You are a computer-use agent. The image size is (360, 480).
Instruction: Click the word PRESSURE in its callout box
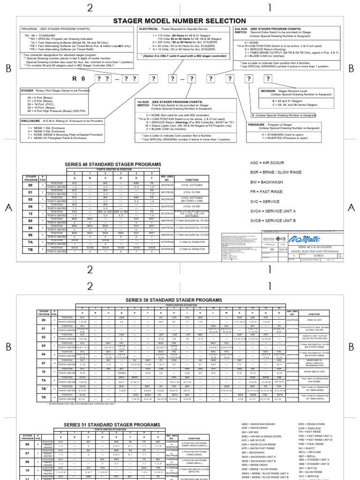[x=257, y=125]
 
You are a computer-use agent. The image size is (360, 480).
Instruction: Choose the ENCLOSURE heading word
[x=31, y=121]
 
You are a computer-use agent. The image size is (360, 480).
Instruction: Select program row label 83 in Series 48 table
[x=30, y=220]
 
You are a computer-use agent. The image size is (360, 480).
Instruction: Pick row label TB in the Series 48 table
[x=30, y=250]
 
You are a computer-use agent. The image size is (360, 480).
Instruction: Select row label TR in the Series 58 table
[x=44, y=397]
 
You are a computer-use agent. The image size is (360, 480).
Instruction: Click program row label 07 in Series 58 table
[x=44, y=363]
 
